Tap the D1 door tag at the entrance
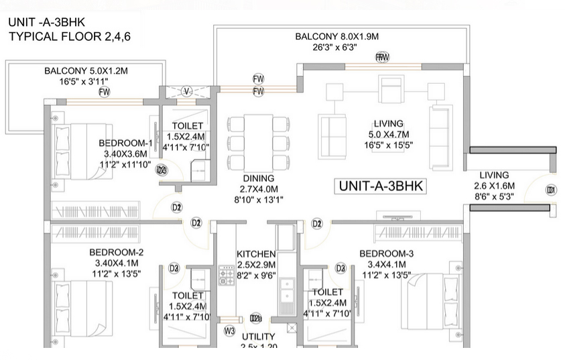coord(551,190)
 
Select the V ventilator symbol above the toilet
coord(187,91)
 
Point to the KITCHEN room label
coord(256,254)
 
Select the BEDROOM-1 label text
coord(127,143)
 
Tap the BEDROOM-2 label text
coord(117,253)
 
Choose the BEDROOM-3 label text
coord(387,253)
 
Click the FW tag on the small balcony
coord(104,92)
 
